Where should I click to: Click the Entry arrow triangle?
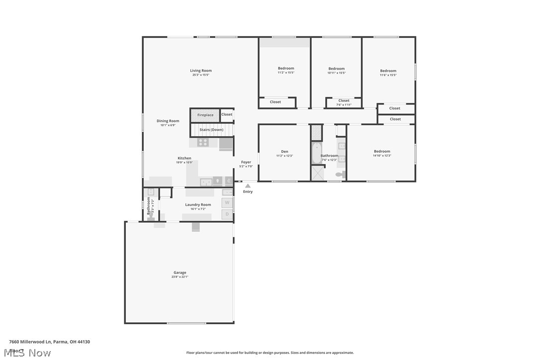248,186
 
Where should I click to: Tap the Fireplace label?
205,115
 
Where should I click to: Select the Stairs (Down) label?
211,130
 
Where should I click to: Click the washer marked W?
227,202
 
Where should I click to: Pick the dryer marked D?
227,214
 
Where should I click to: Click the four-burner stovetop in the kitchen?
203,142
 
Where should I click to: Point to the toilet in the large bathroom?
340,175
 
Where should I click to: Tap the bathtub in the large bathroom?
316,153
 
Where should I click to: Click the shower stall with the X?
317,173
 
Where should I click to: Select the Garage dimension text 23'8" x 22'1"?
180,277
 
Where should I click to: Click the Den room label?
284,152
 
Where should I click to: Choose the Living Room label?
201,71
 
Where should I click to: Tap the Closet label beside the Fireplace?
227,114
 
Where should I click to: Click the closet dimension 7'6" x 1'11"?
344,104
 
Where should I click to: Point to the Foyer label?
246,162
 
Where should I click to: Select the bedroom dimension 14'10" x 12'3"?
382,156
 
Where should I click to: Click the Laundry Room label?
198,204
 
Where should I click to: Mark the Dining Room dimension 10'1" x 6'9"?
168,125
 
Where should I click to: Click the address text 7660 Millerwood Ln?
30,342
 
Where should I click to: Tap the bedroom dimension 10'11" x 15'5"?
336,73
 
